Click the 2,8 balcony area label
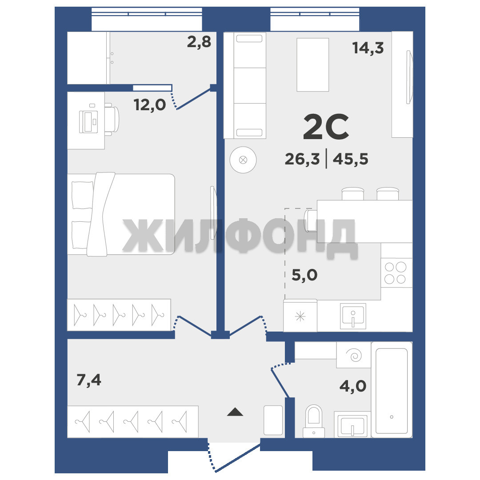[x=199, y=42]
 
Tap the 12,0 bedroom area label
[x=150, y=105]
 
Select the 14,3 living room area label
[x=368, y=48]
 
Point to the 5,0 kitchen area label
[x=304, y=275]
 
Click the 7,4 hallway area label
[x=89, y=380]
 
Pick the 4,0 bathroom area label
[x=352, y=386]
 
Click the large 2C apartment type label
[x=326, y=127]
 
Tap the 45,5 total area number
[x=350, y=159]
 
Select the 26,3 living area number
[x=302, y=159]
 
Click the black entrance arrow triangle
[x=235, y=412]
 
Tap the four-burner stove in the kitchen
[x=396, y=273]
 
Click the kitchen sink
[x=353, y=316]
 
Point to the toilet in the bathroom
[x=314, y=421]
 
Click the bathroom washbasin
[x=352, y=424]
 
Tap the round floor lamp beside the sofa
[x=243, y=160]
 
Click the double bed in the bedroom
[x=121, y=214]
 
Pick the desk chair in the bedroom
[x=112, y=120]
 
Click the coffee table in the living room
[x=312, y=64]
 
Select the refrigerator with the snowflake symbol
[x=300, y=316]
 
